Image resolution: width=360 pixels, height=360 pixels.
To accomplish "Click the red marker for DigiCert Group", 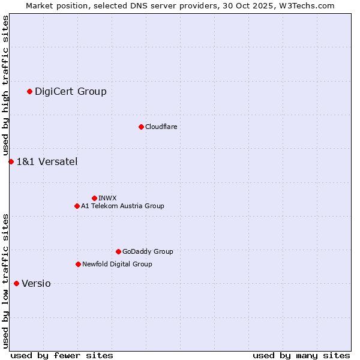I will point(29,91).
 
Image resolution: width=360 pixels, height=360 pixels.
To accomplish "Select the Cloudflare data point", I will point(141,127).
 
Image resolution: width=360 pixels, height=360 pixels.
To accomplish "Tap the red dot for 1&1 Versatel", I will point(11,161).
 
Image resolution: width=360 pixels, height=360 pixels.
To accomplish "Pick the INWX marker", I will point(94,198).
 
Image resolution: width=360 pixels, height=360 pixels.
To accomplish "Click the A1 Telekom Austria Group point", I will point(77,206).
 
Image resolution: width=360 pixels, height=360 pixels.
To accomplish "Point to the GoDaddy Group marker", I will point(118,251).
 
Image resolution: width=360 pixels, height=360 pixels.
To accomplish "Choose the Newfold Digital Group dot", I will point(78,264).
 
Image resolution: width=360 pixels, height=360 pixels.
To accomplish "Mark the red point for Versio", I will point(16,283).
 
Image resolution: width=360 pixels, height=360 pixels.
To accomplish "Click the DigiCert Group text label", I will point(70,91).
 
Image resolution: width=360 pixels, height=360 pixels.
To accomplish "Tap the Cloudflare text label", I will point(161,127).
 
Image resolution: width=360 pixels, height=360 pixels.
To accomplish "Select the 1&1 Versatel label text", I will point(47,161).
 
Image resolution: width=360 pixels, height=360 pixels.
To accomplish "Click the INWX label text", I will point(107,198).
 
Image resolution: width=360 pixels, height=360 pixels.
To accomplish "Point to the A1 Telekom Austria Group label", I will point(122,206).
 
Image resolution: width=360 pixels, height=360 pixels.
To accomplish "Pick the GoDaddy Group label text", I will point(148,251).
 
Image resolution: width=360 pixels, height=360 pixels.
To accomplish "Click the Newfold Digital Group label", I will point(117,264).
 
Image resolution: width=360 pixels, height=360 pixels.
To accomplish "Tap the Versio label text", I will point(36,283).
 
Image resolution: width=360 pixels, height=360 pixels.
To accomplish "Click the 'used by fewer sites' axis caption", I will point(62,355).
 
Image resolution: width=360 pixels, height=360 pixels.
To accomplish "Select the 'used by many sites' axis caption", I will point(301,355).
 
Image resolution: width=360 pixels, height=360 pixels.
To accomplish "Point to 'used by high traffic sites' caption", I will point(5,85).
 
